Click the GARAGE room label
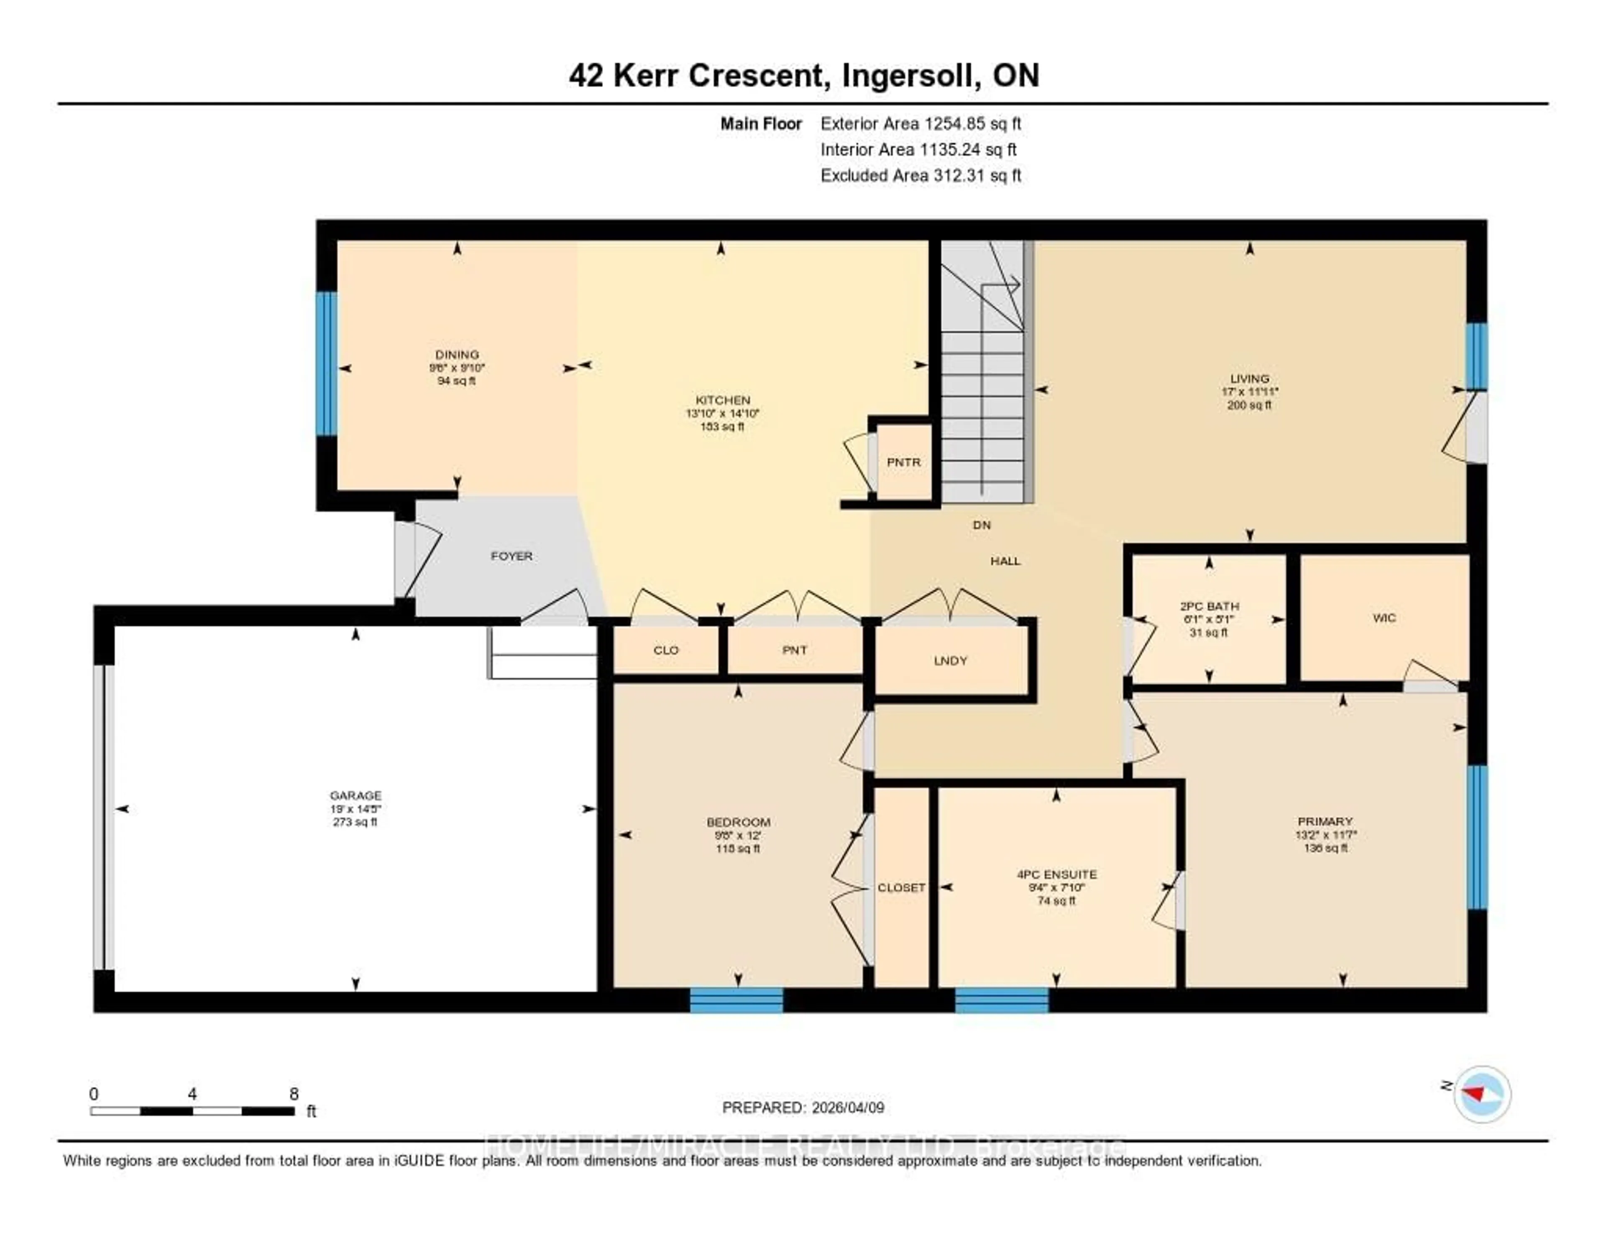(355, 795)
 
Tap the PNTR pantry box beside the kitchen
(903, 462)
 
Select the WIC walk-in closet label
(1384, 618)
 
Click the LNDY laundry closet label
(950, 661)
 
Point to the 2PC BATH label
(1209, 606)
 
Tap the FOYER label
(511, 556)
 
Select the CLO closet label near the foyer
(665, 650)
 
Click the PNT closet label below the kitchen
(794, 650)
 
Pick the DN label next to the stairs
(982, 525)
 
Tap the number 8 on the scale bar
(294, 1094)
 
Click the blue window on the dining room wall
(327, 364)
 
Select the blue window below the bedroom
(736, 1000)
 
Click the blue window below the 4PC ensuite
(1002, 1000)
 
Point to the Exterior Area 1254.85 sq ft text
(921, 123)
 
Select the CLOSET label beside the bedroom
(901, 888)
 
